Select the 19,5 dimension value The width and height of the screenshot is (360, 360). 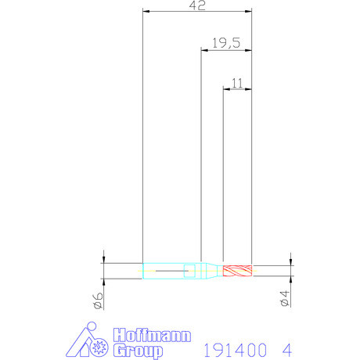click(x=226, y=44)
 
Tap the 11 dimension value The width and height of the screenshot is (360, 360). click(x=238, y=81)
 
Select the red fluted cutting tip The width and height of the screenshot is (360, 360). click(x=237, y=271)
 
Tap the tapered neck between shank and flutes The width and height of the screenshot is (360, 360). click(x=210, y=271)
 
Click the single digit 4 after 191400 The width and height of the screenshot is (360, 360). click(x=289, y=347)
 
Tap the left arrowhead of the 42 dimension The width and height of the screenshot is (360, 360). click(x=146, y=12)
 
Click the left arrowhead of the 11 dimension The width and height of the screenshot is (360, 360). click(x=227, y=88)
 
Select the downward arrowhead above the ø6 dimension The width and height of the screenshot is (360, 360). click(x=103, y=257)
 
